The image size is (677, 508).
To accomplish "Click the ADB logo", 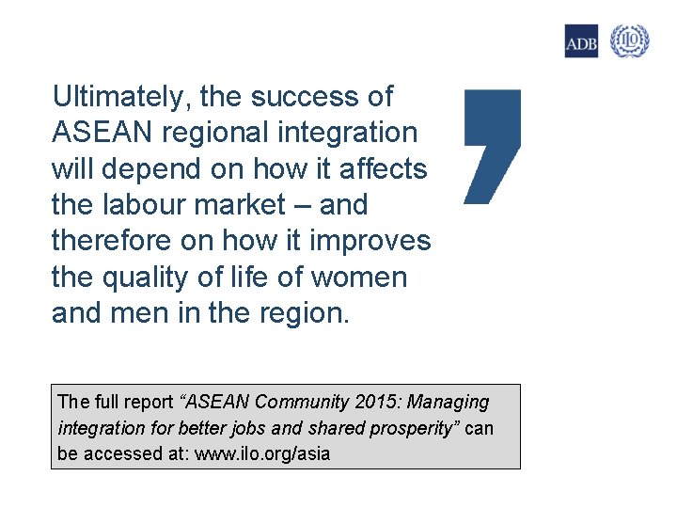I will coord(581,41).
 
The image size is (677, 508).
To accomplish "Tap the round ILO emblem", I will coord(629,41).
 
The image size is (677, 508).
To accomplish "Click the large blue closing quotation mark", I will coord(492,146).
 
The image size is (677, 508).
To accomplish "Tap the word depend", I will coord(164,169).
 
